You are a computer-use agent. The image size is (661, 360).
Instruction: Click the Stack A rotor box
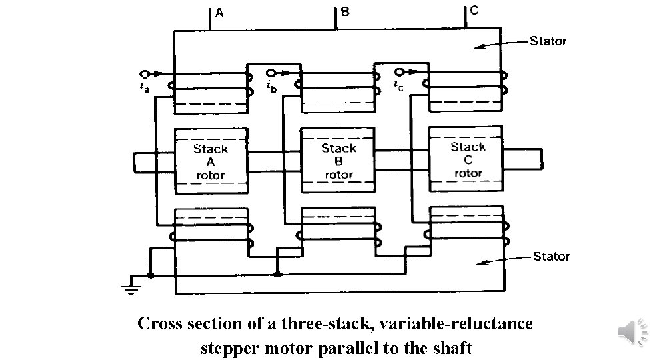211,161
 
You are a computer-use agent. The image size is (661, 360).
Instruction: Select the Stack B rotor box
338,161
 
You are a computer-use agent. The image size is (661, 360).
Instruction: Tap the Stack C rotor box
467,159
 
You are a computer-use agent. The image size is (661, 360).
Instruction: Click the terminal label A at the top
219,12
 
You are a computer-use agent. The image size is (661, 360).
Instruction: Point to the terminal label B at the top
345,12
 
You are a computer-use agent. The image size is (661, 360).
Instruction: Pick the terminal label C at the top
473,11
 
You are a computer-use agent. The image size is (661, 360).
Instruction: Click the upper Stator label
548,41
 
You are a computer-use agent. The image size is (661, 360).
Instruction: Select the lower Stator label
550,257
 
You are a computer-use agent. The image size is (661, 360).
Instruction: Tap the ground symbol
131,287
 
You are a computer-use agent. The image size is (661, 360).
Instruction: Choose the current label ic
397,84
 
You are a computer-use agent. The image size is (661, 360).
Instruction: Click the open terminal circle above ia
144,73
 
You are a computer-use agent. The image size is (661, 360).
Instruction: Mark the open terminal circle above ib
270,73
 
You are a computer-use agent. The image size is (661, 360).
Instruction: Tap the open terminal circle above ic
398,72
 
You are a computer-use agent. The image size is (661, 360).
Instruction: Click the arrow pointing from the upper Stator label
500,44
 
